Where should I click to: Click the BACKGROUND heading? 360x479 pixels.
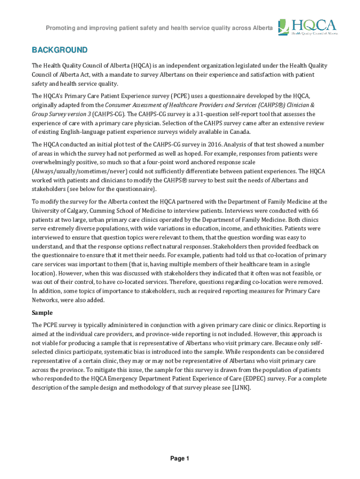click(59, 50)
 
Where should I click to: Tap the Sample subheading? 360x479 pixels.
click(42, 312)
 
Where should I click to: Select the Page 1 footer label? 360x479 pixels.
click(180, 459)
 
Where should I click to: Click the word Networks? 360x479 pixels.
click(46, 299)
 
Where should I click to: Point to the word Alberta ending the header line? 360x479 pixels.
click(262, 28)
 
